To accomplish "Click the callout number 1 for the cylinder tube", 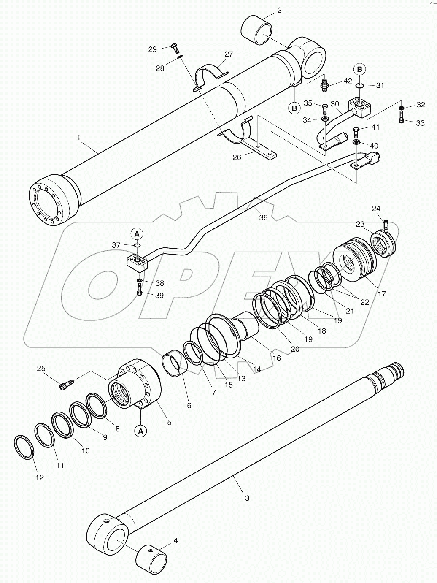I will [78, 138].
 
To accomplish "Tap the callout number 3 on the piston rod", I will [247, 498].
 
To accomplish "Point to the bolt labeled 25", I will [66, 384].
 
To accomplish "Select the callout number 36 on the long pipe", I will [263, 218].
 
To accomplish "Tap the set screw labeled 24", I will [386, 223].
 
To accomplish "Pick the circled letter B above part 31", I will [359, 69].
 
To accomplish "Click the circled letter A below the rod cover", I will [141, 431].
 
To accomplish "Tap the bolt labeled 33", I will [401, 119].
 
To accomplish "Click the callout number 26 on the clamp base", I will [237, 157].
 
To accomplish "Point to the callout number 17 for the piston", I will [381, 294].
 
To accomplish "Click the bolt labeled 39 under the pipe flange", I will [140, 291].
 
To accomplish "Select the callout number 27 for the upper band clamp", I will [228, 54].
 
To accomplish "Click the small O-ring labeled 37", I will [137, 245].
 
